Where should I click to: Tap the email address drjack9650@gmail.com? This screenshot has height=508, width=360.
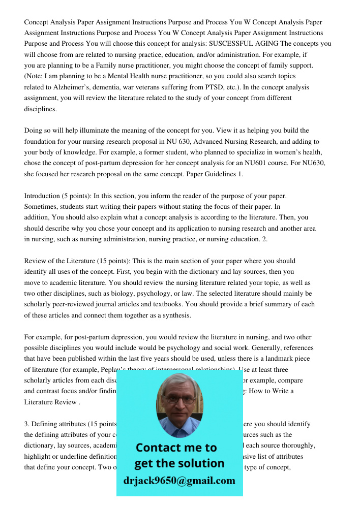tap(179, 480)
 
